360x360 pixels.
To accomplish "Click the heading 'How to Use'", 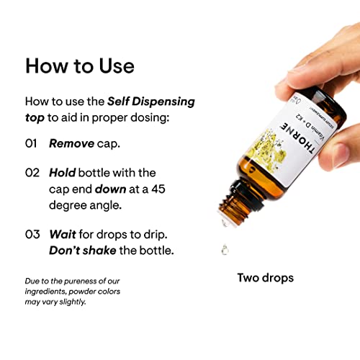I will pyautogui.click(x=79, y=66).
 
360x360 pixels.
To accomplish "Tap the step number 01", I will pyautogui.click(x=31, y=143).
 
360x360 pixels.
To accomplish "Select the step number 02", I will pyautogui.click(x=31, y=173).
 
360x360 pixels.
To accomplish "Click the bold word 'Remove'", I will pyautogui.click(x=71, y=143).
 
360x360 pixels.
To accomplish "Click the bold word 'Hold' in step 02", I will pyautogui.click(x=63, y=173).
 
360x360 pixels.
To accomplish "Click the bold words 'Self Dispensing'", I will pyautogui.click(x=150, y=101).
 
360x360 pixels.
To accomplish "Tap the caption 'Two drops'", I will pyautogui.click(x=265, y=277).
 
